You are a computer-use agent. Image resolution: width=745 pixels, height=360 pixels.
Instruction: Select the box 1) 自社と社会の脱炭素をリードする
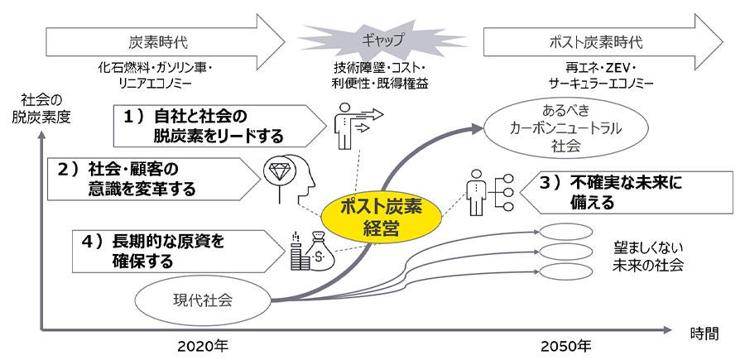coord(215,124)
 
